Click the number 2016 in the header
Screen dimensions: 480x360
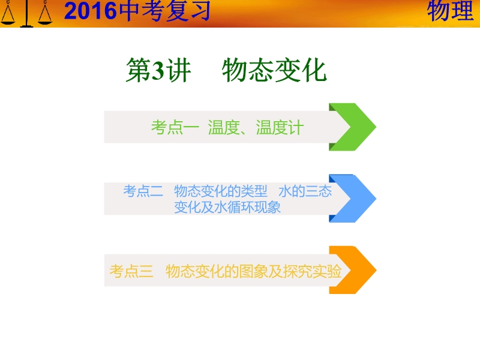point(91,11)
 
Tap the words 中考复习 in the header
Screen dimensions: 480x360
point(165,11)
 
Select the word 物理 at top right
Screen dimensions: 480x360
point(451,10)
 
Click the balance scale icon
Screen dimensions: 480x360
point(26,13)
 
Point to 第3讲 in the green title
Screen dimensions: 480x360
point(158,70)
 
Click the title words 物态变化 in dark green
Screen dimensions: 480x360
point(274,70)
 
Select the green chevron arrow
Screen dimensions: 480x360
point(353,127)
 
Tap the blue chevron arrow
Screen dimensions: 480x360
point(353,199)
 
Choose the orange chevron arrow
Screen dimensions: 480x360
point(353,270)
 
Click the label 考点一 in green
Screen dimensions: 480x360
point(175,127)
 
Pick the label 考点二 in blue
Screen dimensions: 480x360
point(143,191)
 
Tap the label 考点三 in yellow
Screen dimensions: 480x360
point(131,271)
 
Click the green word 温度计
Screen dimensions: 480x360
point(280,127)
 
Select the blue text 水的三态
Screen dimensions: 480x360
point(305,191)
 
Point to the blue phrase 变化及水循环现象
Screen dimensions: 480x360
point(227,207)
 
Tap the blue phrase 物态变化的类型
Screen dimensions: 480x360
point(221,191)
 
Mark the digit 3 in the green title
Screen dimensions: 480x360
point(158,71)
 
